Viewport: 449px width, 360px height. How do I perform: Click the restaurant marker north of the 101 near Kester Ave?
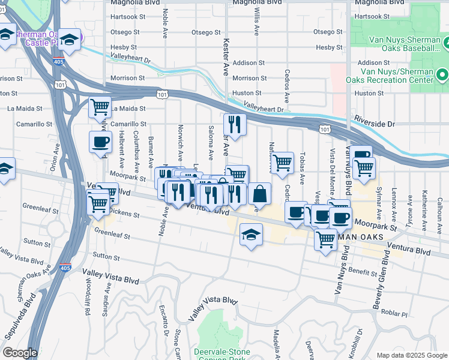pos(234,125)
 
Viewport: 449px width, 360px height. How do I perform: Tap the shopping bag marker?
pos(259,194)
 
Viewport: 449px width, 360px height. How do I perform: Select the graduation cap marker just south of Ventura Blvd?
pos(252,234)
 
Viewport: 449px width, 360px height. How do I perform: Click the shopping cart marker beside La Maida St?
pos(100,108)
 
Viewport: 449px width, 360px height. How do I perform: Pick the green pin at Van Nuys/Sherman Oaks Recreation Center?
pos(442,76)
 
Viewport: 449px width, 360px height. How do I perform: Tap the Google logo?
pos(19,352)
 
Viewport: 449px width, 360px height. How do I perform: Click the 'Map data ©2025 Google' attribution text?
pos(411,355)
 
